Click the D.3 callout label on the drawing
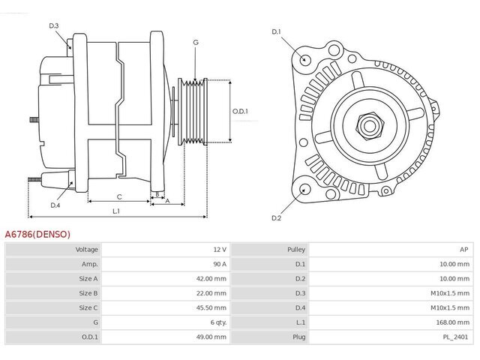point(54,25)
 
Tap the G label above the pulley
point(196,42)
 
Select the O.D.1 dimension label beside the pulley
point(240,111)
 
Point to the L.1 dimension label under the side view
point(116,211)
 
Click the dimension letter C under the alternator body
point(119,196)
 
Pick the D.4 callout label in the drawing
point(55,205)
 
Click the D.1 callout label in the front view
point(276,31)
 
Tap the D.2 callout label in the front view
point(276,218)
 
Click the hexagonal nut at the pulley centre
point(370,126)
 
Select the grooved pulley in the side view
point(193,112)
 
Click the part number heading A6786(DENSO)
point(37,235)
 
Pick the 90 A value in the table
point(220,264)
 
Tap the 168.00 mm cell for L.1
point(452,322)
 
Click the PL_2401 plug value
point(455,337)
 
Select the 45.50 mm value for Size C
point(211,307)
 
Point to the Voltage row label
point(87,250)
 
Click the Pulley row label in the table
point(296,250)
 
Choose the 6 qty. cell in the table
point(218,322)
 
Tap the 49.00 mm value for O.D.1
point(211,337)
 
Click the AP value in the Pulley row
point(463,250)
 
